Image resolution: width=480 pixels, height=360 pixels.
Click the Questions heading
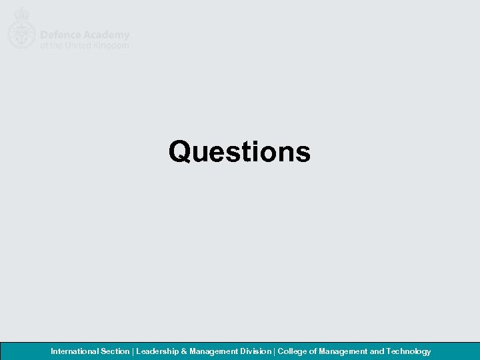point(239,151)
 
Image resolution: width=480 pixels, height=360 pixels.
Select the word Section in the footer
point(115,351)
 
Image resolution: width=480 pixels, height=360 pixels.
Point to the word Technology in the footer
point(408,351)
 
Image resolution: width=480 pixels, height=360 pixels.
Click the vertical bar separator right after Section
point(133,351)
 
